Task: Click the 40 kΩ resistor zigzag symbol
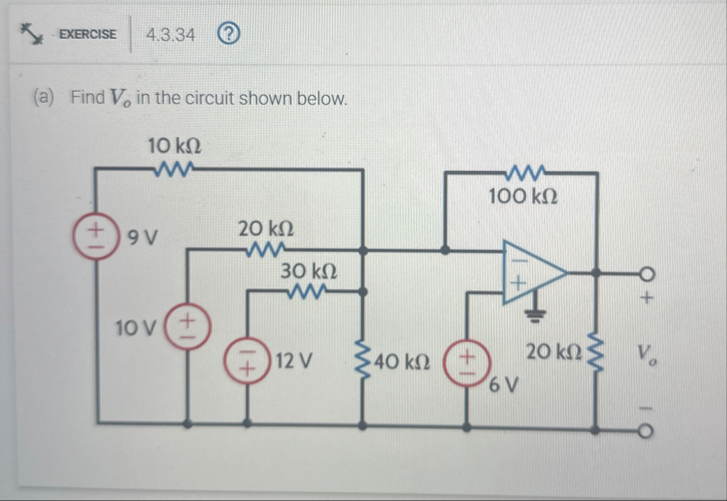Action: pos(362,361)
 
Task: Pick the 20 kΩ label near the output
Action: pos(550,353)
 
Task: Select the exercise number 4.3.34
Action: pos(170,34)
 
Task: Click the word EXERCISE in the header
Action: pos(88,34)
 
